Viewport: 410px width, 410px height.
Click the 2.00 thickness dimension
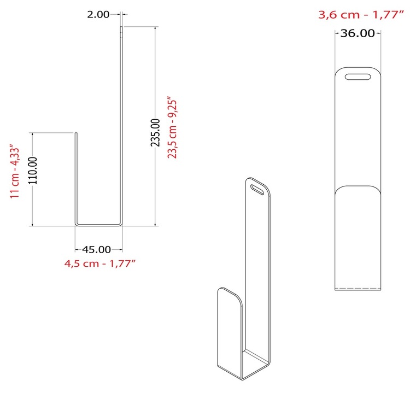coord(98,14)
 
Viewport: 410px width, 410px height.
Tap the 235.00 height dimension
coord(155,132)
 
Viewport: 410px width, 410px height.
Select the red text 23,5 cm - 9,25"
coord(172,127)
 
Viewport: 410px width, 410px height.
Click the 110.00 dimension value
coord(33,171)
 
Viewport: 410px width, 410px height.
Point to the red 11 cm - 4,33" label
coord(15,171)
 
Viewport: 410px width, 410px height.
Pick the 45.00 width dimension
coord(96,249)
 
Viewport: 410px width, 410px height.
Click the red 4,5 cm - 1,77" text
coord(100,263)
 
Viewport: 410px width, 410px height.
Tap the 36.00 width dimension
coord(358,33)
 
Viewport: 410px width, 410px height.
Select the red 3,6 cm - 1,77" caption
coord(361,15)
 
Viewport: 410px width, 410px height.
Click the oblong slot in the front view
coord(358,77)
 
